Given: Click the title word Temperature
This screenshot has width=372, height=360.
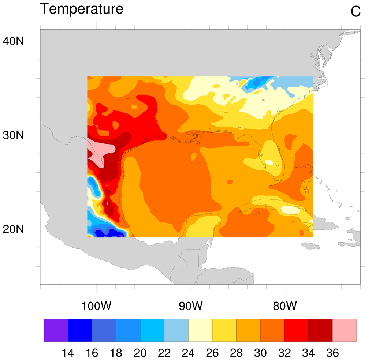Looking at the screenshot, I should click(81, 9).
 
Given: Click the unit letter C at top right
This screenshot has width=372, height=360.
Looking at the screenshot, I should click(356, 12).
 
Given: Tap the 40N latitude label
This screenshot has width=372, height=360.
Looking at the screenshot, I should click(14, 41).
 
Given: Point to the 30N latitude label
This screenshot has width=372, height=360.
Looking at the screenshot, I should click(14, 135).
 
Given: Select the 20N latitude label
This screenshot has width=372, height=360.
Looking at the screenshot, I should click(14, 229).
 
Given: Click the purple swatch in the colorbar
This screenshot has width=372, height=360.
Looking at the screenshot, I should click(56, 330).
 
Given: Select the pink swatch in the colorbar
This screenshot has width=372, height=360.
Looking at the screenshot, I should click(344, 330).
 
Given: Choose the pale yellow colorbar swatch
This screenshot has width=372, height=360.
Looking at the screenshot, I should click(200, 330).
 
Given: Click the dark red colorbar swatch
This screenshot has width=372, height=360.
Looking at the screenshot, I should click(320, 330).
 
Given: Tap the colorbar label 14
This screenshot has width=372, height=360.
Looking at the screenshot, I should click(68, 353).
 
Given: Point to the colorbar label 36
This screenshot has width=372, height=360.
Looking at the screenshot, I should click(332, 353).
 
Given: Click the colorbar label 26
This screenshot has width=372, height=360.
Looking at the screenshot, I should click(212, 353).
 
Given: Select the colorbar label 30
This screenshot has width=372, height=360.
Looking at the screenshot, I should click(260, 353).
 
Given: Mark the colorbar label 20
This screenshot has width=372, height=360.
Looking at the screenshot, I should click(140, 353).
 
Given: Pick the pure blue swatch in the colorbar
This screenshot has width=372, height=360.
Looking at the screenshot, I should click(80, 330).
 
